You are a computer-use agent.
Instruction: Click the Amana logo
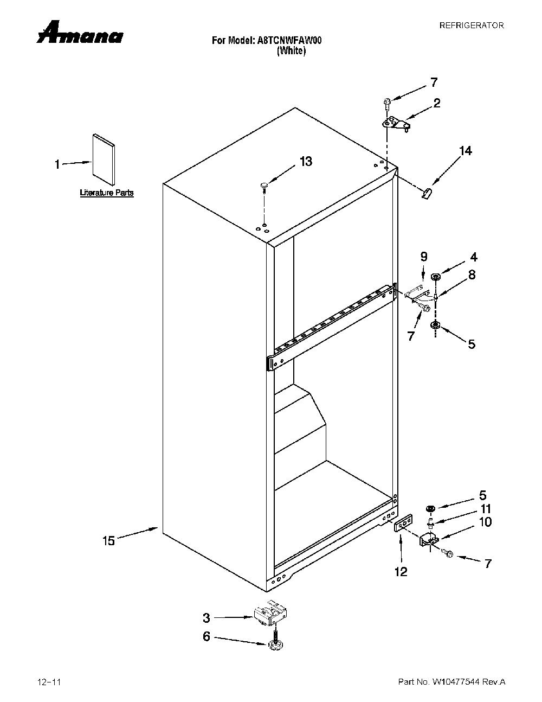pos(80,33)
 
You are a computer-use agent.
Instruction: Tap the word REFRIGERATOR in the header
pos(472,25)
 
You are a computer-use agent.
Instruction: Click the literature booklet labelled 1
pos(104,159)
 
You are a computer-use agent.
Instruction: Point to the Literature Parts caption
pos(106,193)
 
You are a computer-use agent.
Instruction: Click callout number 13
pos(306,161)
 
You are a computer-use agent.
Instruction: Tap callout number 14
pos(465,151)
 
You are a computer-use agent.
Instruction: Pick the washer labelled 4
pos(436,277)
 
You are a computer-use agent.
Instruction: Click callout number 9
pos(424,257)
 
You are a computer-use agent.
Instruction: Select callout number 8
pos(472,275)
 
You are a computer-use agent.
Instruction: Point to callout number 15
pos(109,540)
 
